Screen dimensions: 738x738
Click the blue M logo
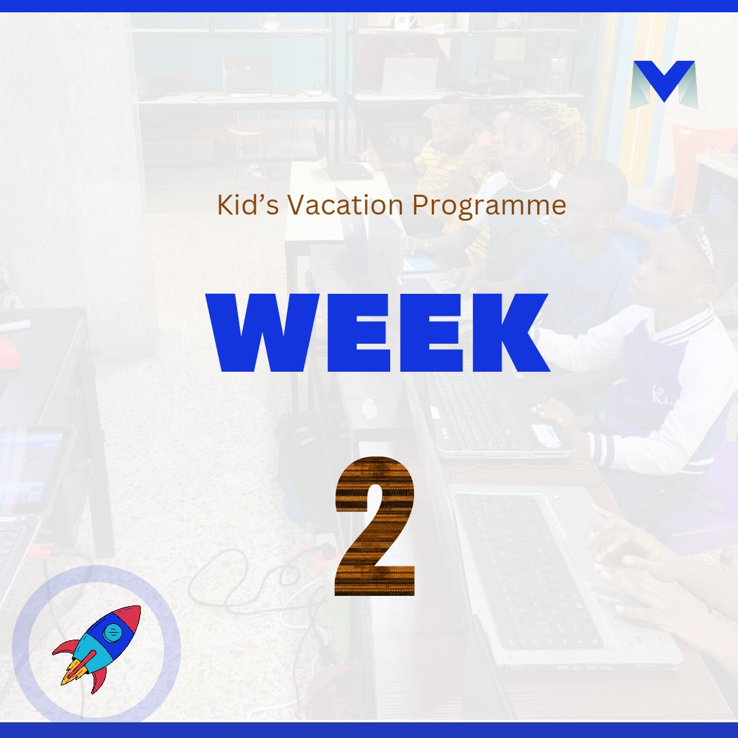[664, 85]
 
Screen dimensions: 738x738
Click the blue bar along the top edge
[369, 5]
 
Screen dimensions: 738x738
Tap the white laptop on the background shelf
[409, 76]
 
